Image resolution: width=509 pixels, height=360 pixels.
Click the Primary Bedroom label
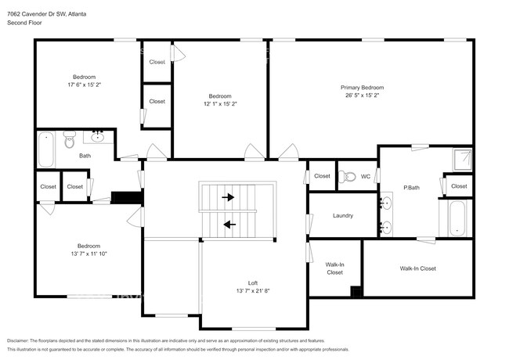pyautogui.click(x=362, y=87)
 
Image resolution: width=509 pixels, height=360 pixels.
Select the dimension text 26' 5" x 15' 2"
pyautogui.click(x=362, y=95)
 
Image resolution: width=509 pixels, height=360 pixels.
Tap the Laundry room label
pyautogui.click(x=342, y=215)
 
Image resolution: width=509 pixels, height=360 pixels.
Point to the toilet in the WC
pyautogui.click(x=348, y=175)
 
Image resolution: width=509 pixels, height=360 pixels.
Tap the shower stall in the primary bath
pyautogui.click(x=464, y=159)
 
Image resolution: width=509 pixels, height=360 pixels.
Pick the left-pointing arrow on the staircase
pyautogui.click(x=229, y=225)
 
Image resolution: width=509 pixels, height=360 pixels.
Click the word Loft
pyautogui.click(x=253, y=283)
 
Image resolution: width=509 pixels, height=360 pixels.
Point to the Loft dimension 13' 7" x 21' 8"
pyautogui.click(x=253, y=291)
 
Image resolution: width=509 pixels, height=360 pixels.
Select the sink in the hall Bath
pyautogui.click(x=99, y=138)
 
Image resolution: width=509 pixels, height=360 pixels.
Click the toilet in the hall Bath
pyautogui.click(x=69, y=140)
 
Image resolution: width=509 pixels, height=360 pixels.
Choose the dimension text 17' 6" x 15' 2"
pyautogui.click(x=84, y=85)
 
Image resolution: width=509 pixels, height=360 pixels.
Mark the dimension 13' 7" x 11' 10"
pyautogui.click(x=88, y=254)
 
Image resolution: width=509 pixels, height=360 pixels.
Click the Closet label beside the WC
pyautogui.click(x=322, y=176)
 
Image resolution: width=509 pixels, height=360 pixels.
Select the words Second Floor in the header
pyautogui.click(x=24, y=23)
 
